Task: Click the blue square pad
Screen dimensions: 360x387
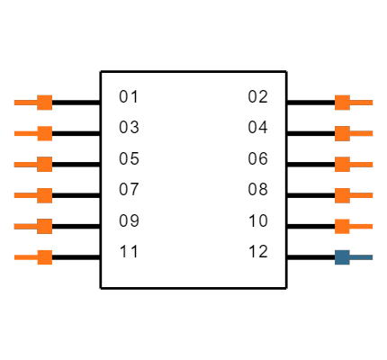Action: point(342,257)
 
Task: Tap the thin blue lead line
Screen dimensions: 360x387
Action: point(362,257)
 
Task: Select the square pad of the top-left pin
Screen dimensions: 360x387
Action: point(44,103)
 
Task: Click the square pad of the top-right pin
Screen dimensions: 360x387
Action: point(342,103)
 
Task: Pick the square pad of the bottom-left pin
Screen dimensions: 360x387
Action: point(44,257)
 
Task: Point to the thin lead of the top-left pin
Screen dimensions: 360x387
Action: point(25,103)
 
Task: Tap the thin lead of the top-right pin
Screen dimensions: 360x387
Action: point(362,103)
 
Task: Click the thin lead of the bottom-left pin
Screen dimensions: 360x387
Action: point(25,257)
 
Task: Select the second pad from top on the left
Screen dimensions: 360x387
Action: point(44,133)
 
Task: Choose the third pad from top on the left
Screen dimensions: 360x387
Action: point(44,165)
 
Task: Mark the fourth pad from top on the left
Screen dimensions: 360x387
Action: point(44,195)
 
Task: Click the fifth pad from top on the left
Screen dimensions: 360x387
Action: point(44,226)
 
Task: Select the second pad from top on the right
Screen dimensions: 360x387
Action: point(342,133)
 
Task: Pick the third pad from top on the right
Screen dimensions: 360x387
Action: point(342,165)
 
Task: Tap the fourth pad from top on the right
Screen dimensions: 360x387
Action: point(342,195)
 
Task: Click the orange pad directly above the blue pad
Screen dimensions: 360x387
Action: point(342,226)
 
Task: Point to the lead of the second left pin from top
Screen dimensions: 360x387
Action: point(25,133)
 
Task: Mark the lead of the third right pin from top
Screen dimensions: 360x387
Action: point(362,165)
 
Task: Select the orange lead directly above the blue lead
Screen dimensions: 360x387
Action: point(362,226)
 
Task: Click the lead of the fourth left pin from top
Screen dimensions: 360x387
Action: point(25,195)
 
